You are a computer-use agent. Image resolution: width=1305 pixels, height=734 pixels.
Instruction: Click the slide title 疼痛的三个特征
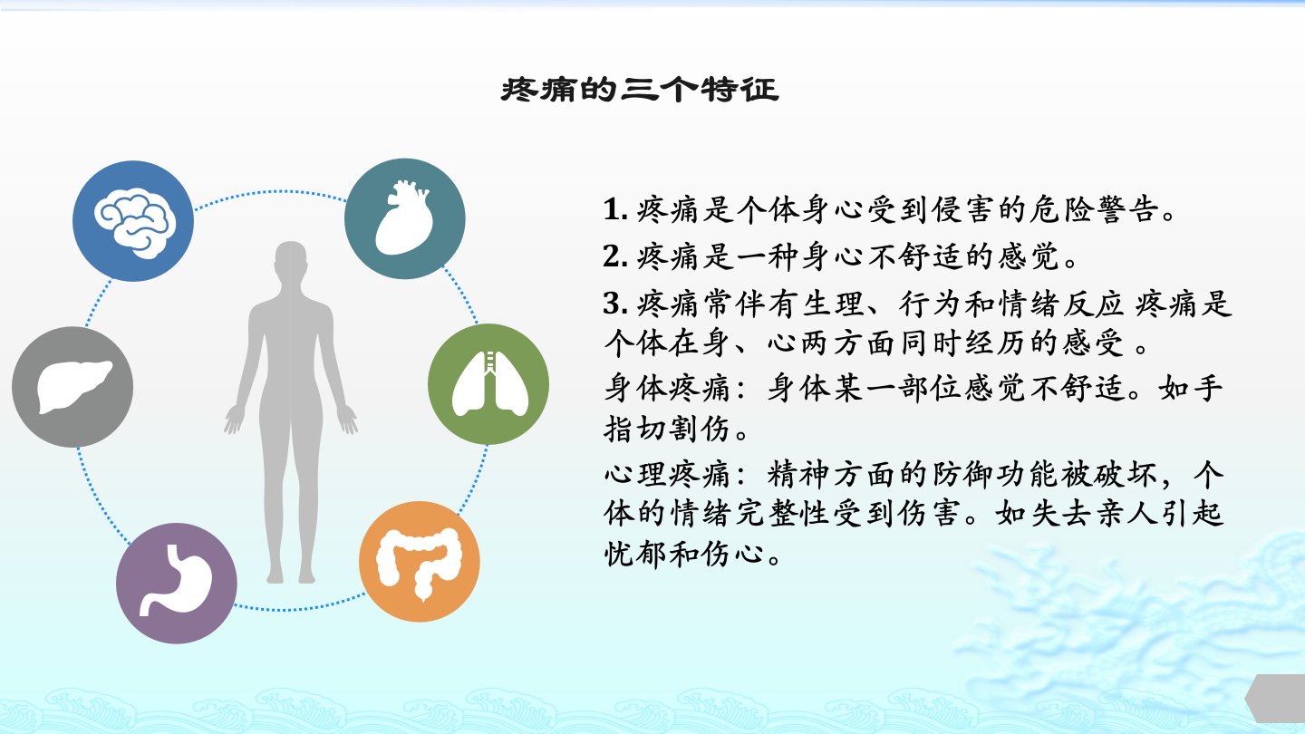640,90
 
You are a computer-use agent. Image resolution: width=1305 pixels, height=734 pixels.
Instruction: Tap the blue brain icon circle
133,221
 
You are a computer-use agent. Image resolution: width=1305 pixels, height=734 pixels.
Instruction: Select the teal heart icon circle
405,218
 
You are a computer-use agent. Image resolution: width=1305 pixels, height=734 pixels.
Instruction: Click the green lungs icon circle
488,384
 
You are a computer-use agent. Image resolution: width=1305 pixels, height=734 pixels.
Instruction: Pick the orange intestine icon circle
420,562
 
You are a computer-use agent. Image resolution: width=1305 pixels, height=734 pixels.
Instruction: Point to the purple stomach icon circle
177,584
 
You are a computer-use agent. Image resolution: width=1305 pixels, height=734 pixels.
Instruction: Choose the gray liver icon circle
72,387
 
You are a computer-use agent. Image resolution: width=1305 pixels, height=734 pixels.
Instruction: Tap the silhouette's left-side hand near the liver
234,420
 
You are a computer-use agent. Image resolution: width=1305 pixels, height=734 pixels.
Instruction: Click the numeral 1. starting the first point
615,209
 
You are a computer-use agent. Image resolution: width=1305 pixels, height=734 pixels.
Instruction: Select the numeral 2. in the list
615,256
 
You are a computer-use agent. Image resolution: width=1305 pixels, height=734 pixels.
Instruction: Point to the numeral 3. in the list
615,304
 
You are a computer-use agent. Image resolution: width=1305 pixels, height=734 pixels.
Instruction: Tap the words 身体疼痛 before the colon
667,389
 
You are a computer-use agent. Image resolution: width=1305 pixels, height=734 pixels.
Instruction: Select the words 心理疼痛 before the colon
667,474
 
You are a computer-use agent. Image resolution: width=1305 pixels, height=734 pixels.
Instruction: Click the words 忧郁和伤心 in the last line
683,554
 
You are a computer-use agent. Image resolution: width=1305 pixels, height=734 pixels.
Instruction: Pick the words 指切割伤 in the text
667,430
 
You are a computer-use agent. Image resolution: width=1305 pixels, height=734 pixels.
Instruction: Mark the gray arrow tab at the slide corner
1276,698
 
